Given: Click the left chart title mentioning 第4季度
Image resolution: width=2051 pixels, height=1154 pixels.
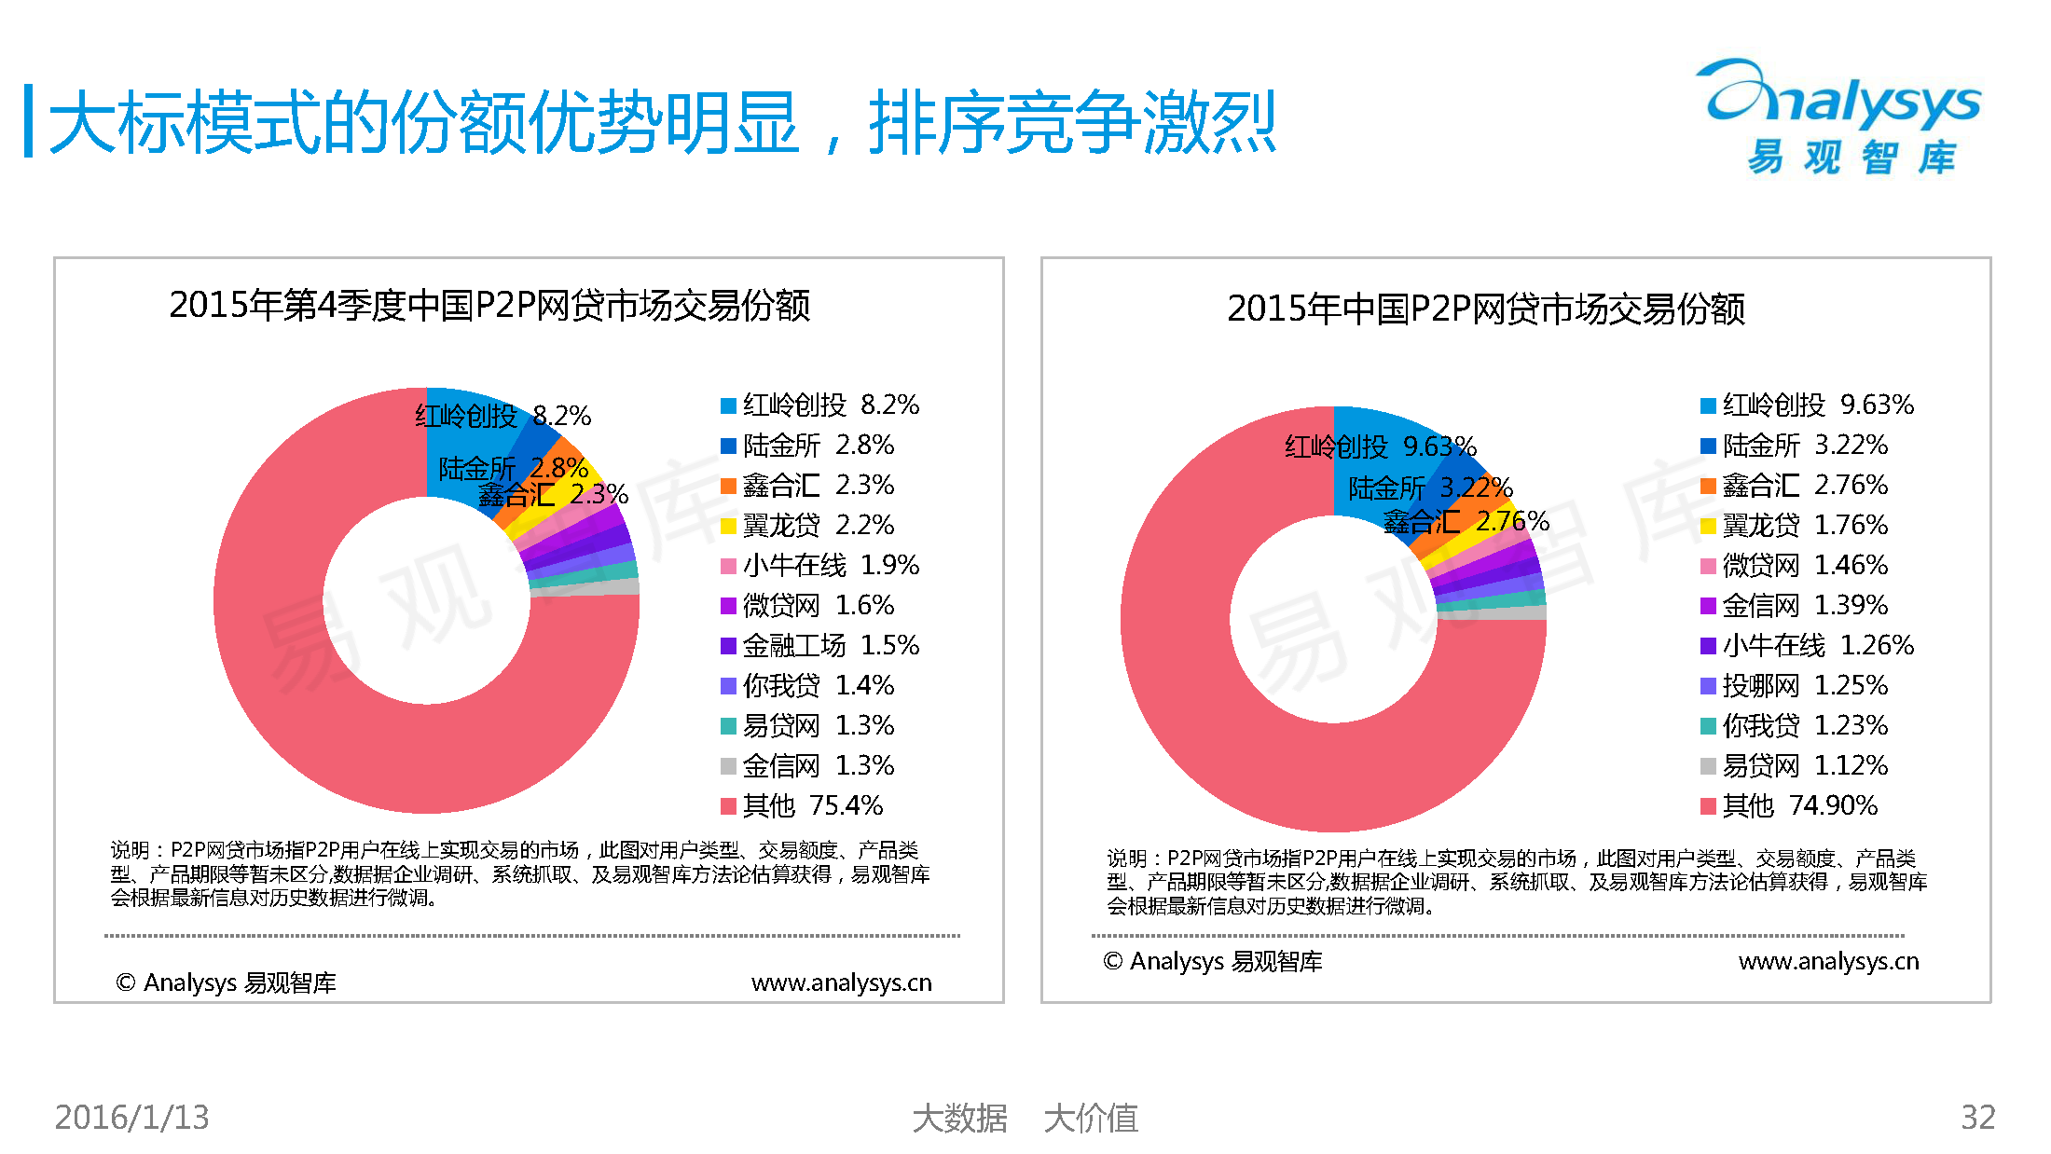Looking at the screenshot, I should click(489, 306).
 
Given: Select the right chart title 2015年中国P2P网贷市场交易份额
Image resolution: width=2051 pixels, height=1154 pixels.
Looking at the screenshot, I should click(1485, 309).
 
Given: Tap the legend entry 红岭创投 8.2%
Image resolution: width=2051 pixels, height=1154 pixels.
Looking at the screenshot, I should click(820, 405).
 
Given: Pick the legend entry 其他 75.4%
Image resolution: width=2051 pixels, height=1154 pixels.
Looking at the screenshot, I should click(802, 805).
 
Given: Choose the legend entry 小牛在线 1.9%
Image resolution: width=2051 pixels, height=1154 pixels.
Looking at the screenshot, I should click(820, 566).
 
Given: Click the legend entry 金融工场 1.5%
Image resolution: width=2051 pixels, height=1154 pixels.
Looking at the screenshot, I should click(820, 646).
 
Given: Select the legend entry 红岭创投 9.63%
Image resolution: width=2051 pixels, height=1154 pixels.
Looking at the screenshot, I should click(1807, 405).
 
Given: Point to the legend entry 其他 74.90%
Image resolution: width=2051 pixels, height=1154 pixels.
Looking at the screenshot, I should click(1789, 805).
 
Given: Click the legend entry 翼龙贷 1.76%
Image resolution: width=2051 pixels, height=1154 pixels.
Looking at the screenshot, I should click(1795, 526).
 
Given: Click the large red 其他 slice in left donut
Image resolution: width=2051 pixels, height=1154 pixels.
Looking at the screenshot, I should click(392, 755).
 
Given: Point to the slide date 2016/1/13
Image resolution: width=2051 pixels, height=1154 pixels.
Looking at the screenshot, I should click(131, 1118).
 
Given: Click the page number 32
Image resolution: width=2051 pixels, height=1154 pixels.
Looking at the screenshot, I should click(1977, 1118).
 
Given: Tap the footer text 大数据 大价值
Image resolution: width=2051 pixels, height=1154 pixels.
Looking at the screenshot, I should click(1025, 1119).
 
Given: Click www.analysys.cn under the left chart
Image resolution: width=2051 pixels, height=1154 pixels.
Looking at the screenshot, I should click(841, 983).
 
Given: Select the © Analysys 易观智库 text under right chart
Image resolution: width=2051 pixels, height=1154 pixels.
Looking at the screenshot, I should click(1212, 962).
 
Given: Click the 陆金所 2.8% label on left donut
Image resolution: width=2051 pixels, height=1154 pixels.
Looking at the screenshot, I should click(513, 468).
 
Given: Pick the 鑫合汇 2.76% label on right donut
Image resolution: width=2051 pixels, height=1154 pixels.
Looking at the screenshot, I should click(1466, 522).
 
